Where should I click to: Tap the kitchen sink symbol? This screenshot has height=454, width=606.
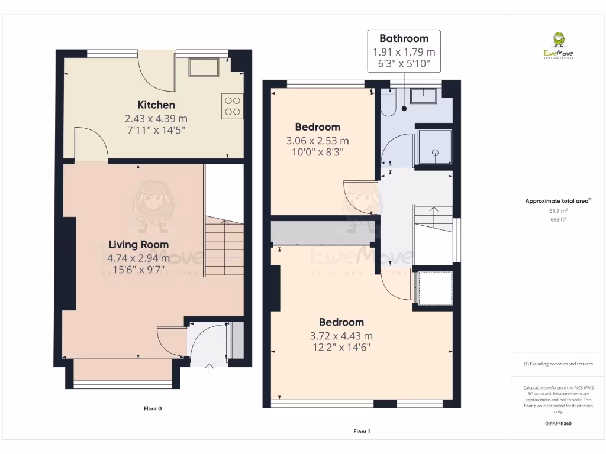click(204, 67)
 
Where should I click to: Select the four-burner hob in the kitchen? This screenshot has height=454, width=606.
click(233, 106)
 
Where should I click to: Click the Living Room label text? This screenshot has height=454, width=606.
click(138, 244)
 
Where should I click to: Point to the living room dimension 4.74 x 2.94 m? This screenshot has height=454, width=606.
click(138, 258)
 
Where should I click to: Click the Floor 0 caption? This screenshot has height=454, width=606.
click(153, 408)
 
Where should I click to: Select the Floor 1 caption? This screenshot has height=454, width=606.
click(362, 432)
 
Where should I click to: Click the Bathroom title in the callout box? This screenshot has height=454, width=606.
click(404, 38)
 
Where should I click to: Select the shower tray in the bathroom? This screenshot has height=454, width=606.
click(435, 147)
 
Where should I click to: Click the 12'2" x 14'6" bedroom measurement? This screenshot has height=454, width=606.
click(341, 346)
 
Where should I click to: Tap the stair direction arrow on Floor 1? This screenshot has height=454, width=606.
click(433, 210)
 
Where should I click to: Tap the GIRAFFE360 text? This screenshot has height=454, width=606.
click(558, 423)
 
